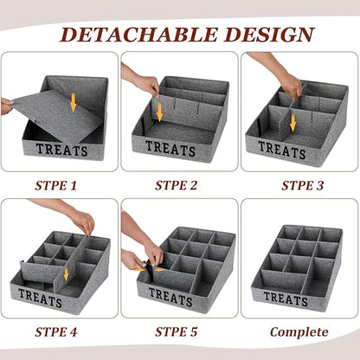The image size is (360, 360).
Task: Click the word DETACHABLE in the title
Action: coord(138,35)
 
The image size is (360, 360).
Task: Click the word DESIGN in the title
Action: coord(269,35)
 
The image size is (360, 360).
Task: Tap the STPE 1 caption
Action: coord(56,185)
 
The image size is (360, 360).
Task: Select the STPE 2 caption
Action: coord(176,185)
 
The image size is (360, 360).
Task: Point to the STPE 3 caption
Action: coord(303,185)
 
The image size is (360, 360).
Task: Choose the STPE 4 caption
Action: coord(56,332)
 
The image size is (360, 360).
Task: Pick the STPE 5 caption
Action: coord(176,332)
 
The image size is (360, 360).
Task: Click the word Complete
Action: coord(299,332)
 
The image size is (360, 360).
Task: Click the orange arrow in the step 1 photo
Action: coord(74,102)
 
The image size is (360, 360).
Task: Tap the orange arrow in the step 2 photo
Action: coord(159,112)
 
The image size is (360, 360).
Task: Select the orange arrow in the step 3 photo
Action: coord(292,122)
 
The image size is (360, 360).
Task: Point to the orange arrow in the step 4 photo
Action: coord(67,273)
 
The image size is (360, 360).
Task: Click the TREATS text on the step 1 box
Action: coord(61,150)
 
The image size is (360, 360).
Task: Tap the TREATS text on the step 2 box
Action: coord(170,148)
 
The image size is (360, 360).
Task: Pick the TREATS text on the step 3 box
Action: coord(282,150)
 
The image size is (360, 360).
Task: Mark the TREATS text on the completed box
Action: coord(286,299)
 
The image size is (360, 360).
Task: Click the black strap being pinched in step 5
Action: coord(150,271)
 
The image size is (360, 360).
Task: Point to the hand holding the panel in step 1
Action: coord(6,106)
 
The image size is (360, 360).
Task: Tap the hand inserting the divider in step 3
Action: coord(291,86)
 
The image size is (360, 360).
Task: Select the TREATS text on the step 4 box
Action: coord(40,298)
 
